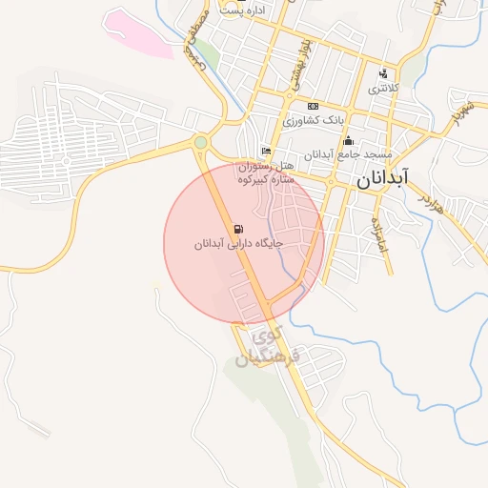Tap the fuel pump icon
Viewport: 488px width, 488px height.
click(237, 229)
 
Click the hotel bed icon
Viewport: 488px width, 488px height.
click(266, 151)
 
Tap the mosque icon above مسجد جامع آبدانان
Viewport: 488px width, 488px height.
click(349, 141)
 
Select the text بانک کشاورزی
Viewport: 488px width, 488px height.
click(312, 121)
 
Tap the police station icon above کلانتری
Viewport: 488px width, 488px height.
click(383, 73)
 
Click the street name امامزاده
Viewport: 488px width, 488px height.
click(378, 232)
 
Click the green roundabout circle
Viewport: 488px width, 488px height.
click(200, 143)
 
